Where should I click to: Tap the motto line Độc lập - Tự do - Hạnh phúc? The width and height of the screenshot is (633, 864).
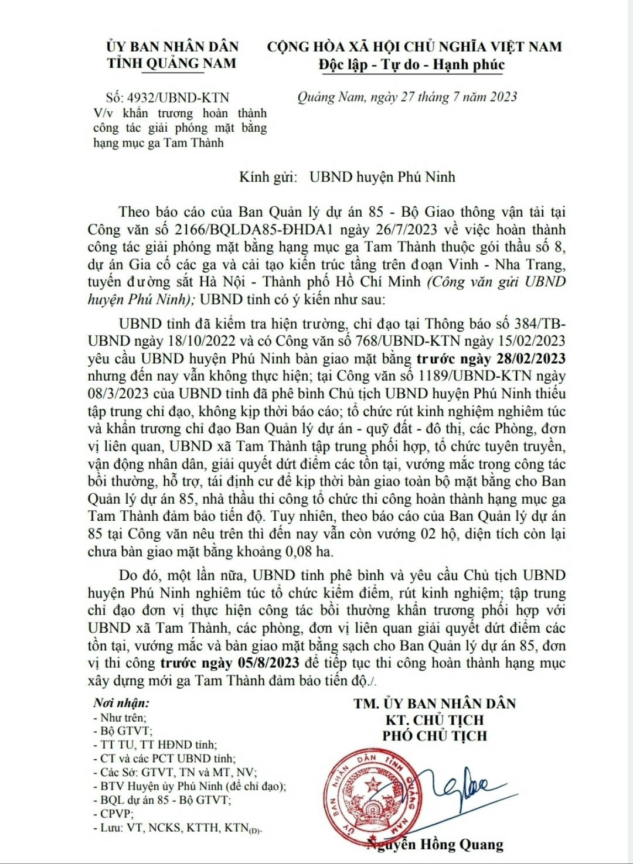pyautogui.click(x=411, y=64)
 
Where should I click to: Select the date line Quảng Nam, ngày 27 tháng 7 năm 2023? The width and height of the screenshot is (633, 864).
pyautogui.click(x=407, y=97)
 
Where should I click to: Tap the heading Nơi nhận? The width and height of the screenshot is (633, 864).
pyautogui.click(x=121, y=703)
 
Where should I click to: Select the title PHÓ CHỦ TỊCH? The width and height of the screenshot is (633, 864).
pyautogui.click(x=435, y=736)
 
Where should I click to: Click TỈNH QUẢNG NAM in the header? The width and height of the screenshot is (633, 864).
pyautogui.click(x=172, y=63)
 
